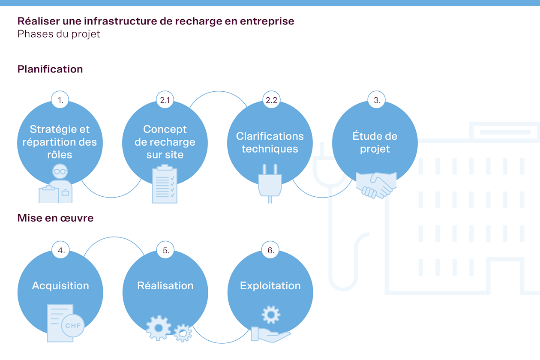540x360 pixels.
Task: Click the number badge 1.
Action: pyautogui.click(x=60, y=100)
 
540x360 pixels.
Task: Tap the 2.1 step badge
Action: pyautogui.click(x=165, y=100)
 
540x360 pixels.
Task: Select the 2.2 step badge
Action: pyautogui.click(x=271, y=100)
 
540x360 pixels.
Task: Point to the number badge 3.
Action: pyautogui.click(x=377, y=100)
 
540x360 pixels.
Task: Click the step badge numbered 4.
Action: pyautogui.click(x=61, y=250)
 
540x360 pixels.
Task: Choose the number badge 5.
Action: pyautogui.click(x=166, y=250)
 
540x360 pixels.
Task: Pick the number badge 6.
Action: pyautogui.click(x=271, y=250)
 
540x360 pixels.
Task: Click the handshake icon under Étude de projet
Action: pyautogui.click(x=376, y=185)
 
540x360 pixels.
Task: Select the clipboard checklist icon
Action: pyautogui.click(x=165, y=184)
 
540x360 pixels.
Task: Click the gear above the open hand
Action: pyautogui.click(x=271, y=315)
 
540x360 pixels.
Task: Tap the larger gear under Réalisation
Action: pyautogui.click(x=159, y=328)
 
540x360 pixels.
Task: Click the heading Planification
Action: pyautogui.click(x=50, y=69)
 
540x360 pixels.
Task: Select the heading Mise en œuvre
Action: pyautogui.click(x=55, y=218)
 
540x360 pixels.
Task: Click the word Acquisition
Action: pyautogui.click(x=60, y=286)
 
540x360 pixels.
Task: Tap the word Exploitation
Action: pyautogui.click(x=270, y=286)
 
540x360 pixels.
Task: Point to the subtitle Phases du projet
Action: pyautogui.click(x=59, y=34)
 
